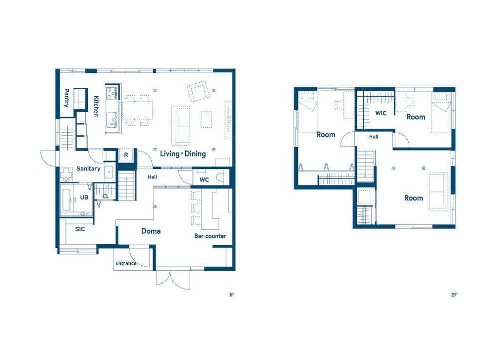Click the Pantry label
point(67,98)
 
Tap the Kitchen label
point(96,106)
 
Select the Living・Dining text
point(183,154)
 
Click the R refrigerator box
point(126,155)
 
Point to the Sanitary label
point(88,169)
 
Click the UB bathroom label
point(84,197)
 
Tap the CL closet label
point(106,196)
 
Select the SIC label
point(80,229)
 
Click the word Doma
point(151,231)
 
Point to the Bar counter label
point(211,236)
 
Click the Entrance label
point(126,263)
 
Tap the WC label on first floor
point(204,180)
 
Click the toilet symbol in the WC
point(220,178)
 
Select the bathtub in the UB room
point(66,200)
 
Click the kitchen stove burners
point(111,93)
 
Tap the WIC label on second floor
point(381,113)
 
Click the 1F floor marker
point(232,295)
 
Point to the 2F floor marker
point(454,295)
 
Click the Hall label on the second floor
point(374,137)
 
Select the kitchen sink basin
point(111,119)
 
